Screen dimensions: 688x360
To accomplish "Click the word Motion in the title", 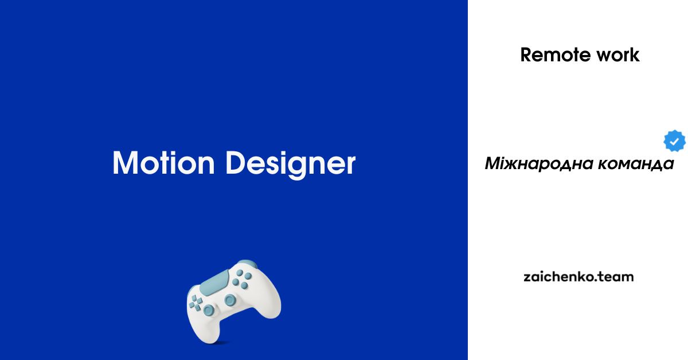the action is point(163,163).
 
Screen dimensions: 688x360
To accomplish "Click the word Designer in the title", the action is point(291,165).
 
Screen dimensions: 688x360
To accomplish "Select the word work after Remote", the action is point(617,55).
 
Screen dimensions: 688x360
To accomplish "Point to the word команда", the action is point(636,164).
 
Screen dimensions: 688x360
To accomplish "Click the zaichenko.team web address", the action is point(578,277).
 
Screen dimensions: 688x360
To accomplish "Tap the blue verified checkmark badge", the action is point(674,141).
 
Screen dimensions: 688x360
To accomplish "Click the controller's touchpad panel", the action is point(214,283).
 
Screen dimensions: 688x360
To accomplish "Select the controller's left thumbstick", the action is point(209,310).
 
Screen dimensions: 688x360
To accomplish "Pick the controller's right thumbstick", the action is point(230,300).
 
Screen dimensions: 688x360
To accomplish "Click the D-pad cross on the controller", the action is point(196,303).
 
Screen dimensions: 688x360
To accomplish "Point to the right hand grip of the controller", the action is point(268,307).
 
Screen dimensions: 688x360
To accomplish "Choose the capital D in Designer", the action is point(236,163).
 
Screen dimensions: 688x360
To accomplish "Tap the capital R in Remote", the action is point(526,55).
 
